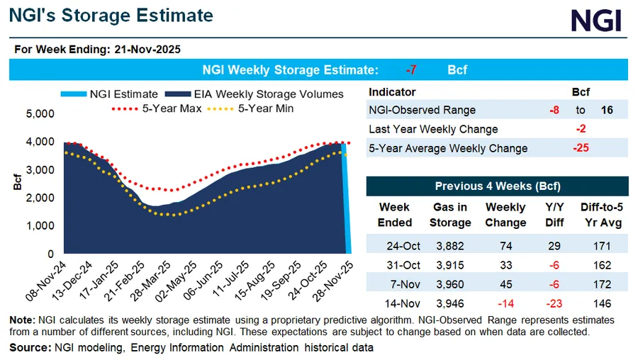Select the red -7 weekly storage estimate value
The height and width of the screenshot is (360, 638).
click(x=411, y=70)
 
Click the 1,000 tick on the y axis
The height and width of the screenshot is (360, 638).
click(x=40, y=225)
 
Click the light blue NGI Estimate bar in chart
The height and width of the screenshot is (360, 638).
click(x=346, y=198)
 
